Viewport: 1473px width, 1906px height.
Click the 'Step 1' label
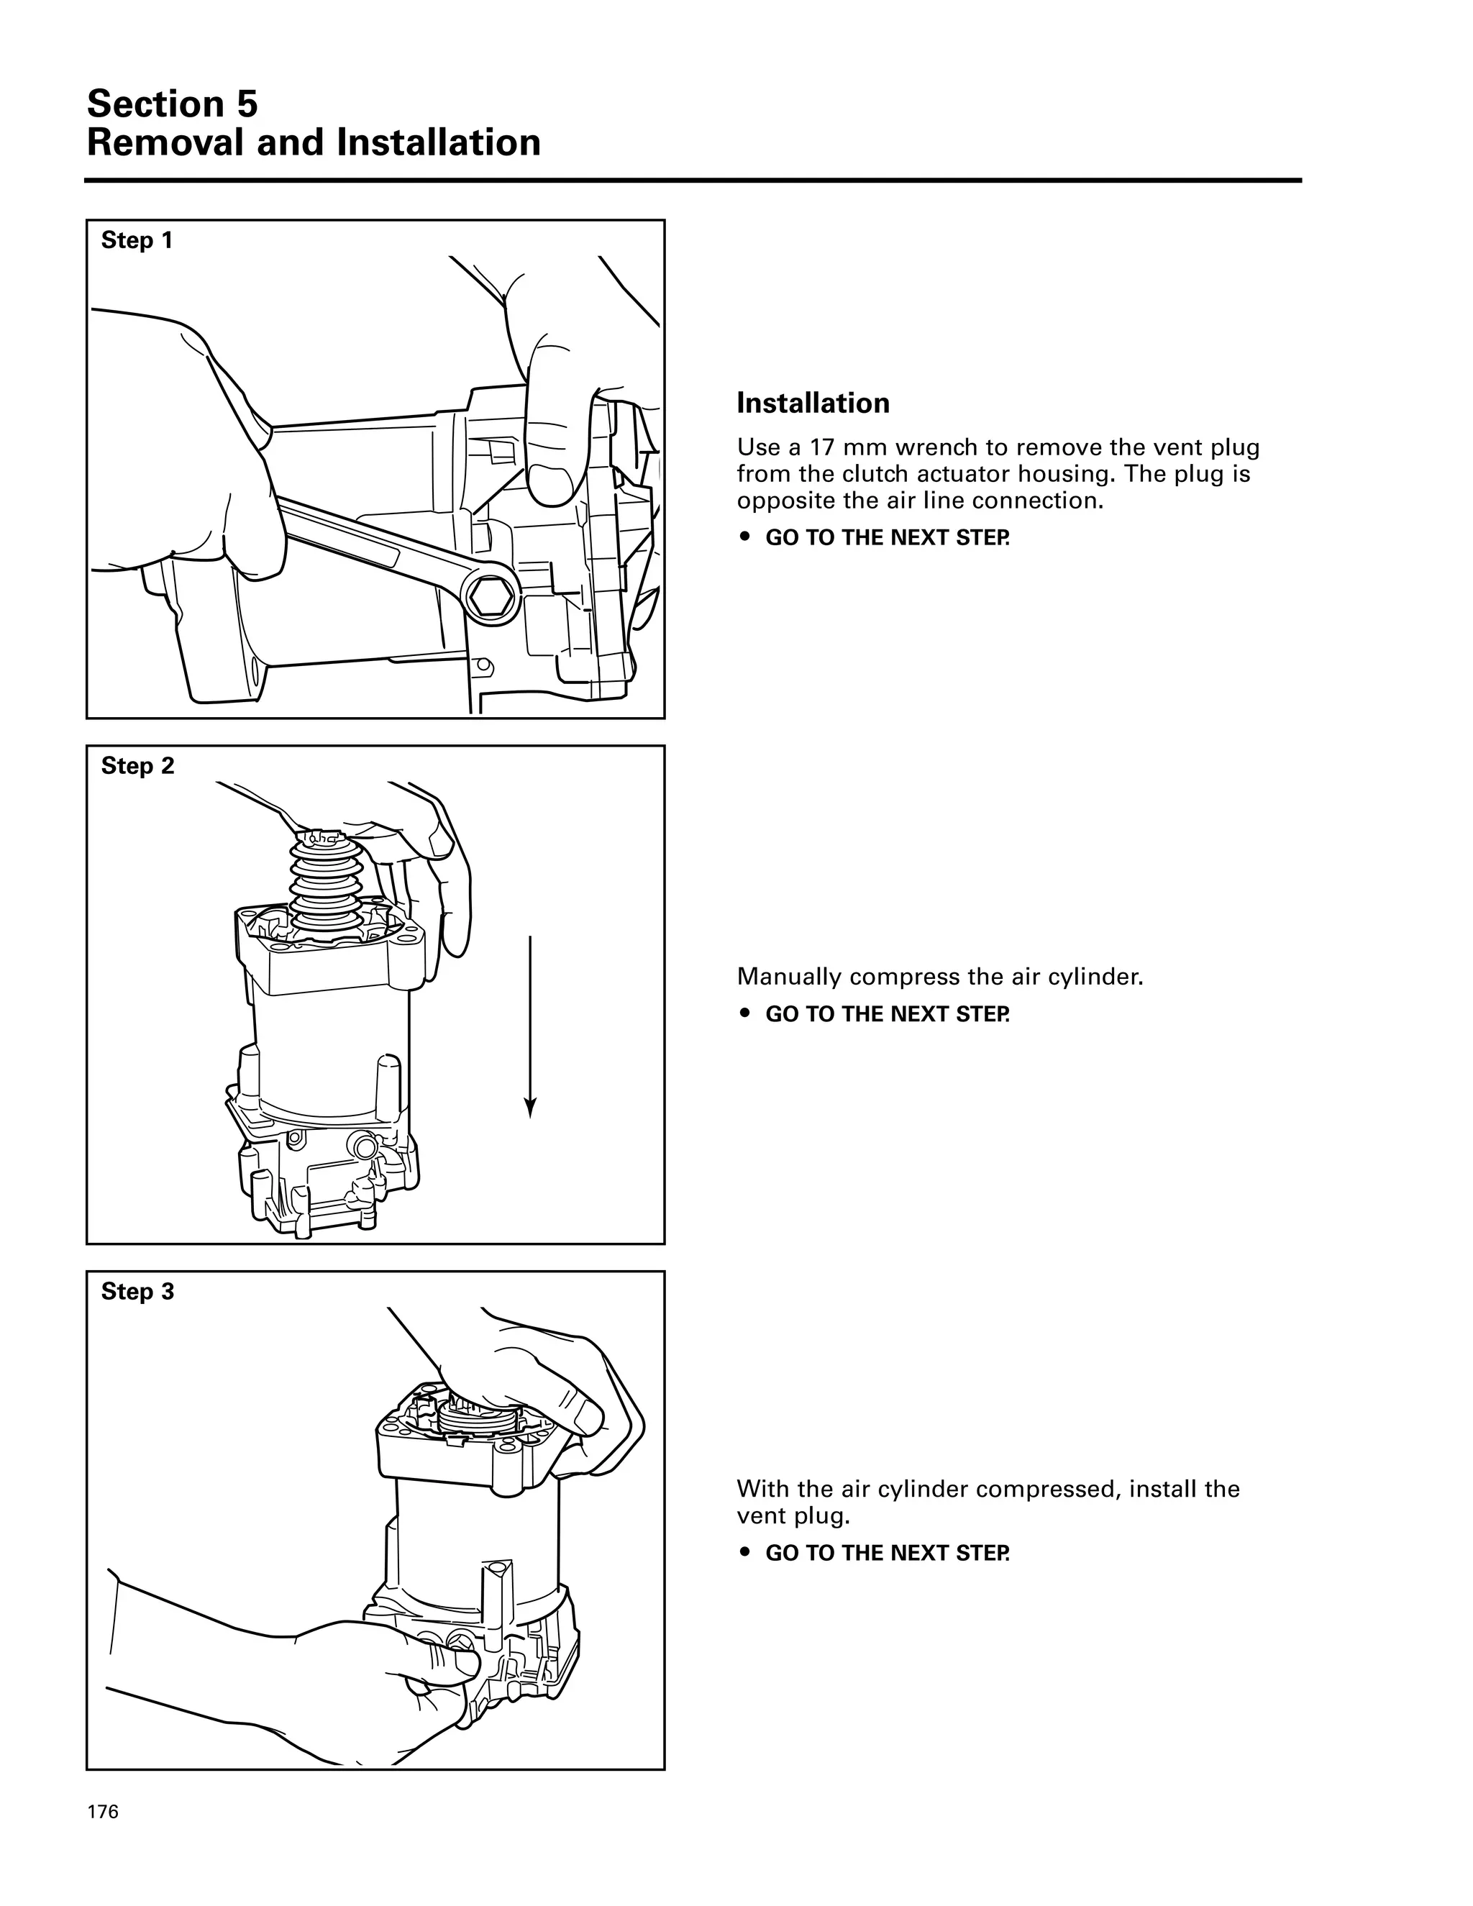(137, 240)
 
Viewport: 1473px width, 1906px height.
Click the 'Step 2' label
(137, 765)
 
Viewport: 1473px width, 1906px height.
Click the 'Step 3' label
(137, 1291)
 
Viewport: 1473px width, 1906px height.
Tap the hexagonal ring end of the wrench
(491, 596)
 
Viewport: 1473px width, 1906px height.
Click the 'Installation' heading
(813, 403)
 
